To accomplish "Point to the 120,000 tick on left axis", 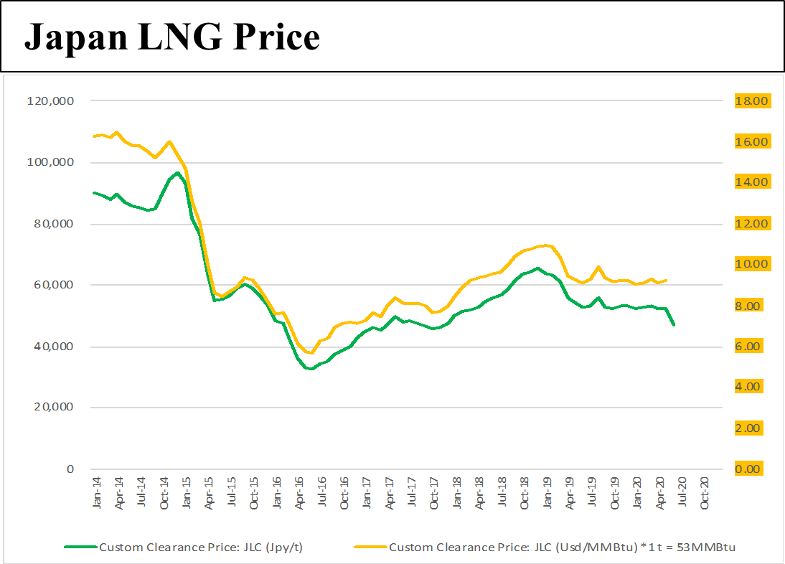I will coord(50,101).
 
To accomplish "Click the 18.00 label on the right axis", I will coord(751,101).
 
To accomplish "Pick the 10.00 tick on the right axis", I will coord(751,264).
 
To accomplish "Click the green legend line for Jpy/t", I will coord(80,547).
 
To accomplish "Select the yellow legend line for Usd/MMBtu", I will coord(370,547).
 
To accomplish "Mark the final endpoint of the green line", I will coord(674,325).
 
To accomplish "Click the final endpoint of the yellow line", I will coord(667,280).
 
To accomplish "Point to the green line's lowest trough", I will coord(311,369).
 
